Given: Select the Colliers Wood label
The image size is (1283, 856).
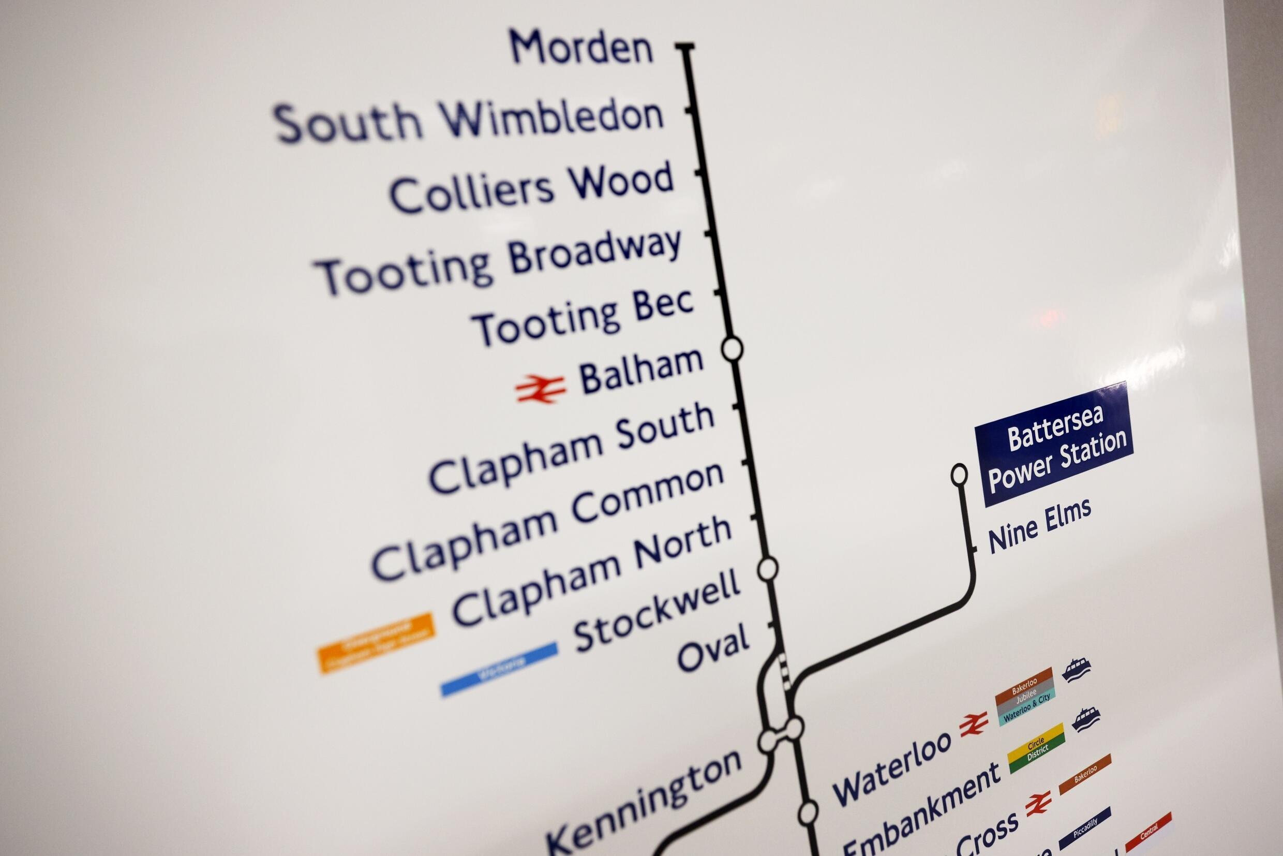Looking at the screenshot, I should (x=531, y=188).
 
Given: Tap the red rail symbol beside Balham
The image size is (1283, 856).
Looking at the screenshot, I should (x=540, y=389).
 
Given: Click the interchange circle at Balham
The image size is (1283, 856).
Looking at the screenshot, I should (x=732, y=349).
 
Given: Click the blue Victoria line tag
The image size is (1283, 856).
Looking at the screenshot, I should (x=499, y=669).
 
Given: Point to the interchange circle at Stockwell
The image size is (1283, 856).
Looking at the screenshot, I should (x=767, y=569).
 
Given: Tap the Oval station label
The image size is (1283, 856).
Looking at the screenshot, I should (x=713, y=650).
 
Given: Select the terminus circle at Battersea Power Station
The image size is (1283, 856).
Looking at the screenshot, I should (x=959, y=475).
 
